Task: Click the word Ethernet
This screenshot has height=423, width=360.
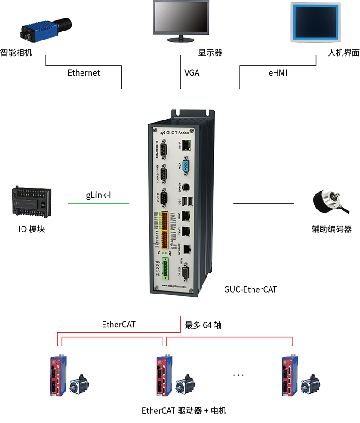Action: pos(84,72)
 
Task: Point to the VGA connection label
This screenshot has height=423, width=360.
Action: pos(192,72)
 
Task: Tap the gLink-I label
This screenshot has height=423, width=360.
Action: pos(99,196)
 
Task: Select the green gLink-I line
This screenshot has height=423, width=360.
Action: pos(99,204)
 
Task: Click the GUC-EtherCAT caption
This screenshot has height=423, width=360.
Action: pos(251,290)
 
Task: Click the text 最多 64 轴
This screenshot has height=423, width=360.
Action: pos(203,325)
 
